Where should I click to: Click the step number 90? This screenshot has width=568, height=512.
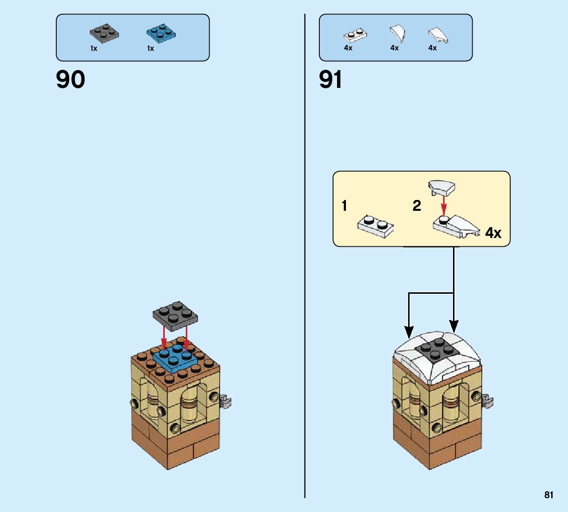[71, 79]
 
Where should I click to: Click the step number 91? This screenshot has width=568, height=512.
[331, 79]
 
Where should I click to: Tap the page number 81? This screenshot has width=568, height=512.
[549, 495]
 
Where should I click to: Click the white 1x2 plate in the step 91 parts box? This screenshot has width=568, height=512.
[355, 36]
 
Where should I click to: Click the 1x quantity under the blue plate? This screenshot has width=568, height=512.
[151, 48]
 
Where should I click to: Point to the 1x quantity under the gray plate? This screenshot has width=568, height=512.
[94, 48]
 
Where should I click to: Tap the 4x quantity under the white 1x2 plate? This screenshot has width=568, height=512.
[348, 48]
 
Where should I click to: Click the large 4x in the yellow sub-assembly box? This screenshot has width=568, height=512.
[493, 233]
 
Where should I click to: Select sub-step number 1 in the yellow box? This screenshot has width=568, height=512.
[344, 206]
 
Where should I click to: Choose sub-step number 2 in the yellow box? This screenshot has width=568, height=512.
[417, 206]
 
